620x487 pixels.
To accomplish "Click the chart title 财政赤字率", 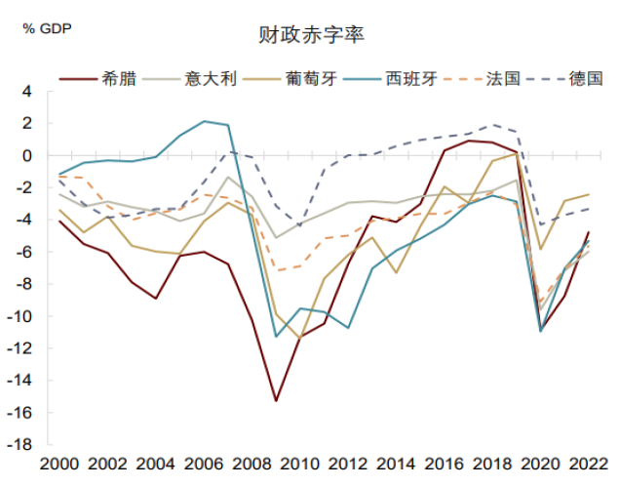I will [311, 36].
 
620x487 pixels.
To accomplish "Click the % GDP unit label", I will [43, 26].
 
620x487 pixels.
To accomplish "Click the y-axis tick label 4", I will [27, 92].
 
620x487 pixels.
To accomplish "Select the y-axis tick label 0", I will [27, 156].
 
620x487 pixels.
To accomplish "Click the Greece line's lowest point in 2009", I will [276, 401].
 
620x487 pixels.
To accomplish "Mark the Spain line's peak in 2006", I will [204, 122].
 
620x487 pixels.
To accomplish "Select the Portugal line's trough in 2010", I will [300, 339].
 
